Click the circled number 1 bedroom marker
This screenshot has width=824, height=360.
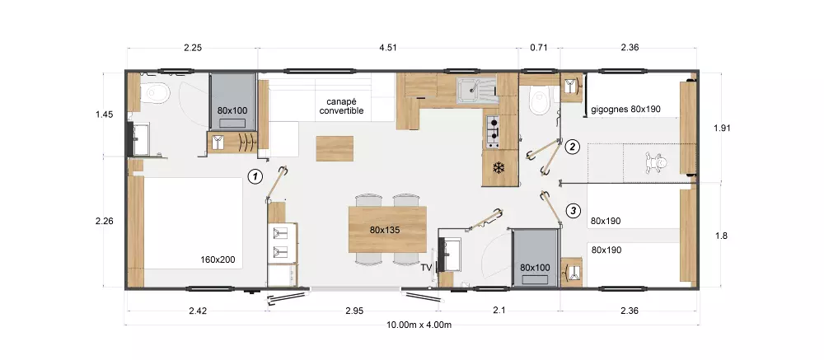click(255, 176)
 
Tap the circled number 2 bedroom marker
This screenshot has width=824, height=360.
click(573, 147)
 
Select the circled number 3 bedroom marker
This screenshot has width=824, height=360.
click(573, 211)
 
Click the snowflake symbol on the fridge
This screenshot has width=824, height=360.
click(498, 168)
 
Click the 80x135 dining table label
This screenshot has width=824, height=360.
click(384, 230)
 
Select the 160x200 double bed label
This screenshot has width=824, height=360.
click(218, 259)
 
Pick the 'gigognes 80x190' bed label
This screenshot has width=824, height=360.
click(626, 110)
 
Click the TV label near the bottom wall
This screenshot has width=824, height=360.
click(426, 268)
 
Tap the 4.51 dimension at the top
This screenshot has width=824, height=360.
click(388, 48)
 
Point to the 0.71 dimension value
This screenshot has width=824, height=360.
click(539, 48)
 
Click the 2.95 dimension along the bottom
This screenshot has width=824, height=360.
click(354, 311)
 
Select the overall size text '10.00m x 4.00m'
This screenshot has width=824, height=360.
click(419, 325)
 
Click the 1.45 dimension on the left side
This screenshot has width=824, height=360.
click(105, 114)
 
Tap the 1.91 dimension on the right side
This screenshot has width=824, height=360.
click(722, 128)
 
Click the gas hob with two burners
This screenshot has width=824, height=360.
click(494, 131)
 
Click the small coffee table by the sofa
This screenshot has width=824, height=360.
click(335, 148)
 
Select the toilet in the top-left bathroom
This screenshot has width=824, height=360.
click(156, 93)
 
